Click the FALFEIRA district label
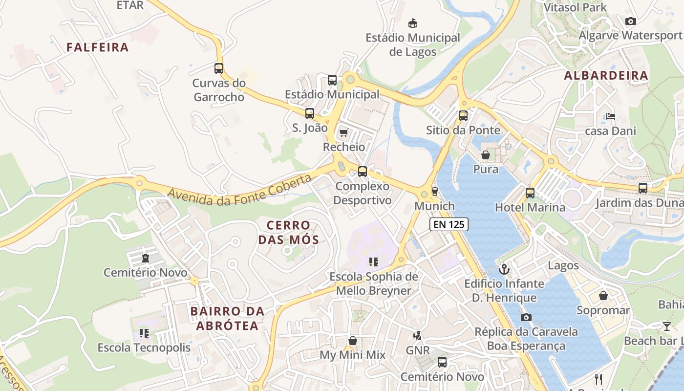[98, 47]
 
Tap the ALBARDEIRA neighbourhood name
[606, 76]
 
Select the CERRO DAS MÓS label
[288, 233]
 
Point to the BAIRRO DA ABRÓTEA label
[227, 318]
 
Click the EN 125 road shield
[449, 224]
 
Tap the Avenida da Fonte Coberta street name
[239, 190]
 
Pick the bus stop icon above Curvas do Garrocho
[219, 68]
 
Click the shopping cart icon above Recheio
[344, 132]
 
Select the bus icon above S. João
[310, 113]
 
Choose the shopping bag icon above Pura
[486, 155]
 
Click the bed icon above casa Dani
[610, 116]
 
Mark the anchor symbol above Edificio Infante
[504, 269]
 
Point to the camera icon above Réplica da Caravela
[526, 317]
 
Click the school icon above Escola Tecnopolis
[144, 333]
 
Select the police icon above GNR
[418, 336]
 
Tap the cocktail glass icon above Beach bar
[667, 326]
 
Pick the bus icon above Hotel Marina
[530, 193]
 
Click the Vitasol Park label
[575, 7]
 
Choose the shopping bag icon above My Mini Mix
[352, 341]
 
